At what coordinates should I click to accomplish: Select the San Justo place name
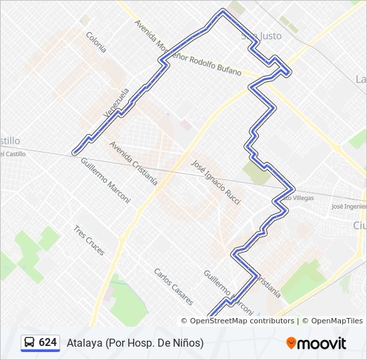pyautogui.click(x=262, y=35)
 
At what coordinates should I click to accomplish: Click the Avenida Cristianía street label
pyautogui.click(x=134, y=162)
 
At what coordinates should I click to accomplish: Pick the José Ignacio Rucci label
pyautogui.click(x=215, y=181)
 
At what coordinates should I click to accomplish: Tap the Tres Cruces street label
pyautogui.click(x=89, y=239)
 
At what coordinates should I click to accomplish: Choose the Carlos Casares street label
pyautogui.click(x=173, y=287)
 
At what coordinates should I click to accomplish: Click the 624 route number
pyautogui.click(x=47, y=343)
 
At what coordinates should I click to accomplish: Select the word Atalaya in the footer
pyautogui.click(x=83, y=343)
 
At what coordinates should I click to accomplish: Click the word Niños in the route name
pyautogui.click(x=188, y=343)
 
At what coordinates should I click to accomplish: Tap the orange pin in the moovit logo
pyautogui.click(x=292, y=343)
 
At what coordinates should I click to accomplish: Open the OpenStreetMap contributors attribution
pyautogui.click(x=237, y=321)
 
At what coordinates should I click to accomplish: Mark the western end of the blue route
pyautogui.click(x=74, y=153)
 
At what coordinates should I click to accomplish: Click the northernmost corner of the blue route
pyautogui.click(x=223, y=11)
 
